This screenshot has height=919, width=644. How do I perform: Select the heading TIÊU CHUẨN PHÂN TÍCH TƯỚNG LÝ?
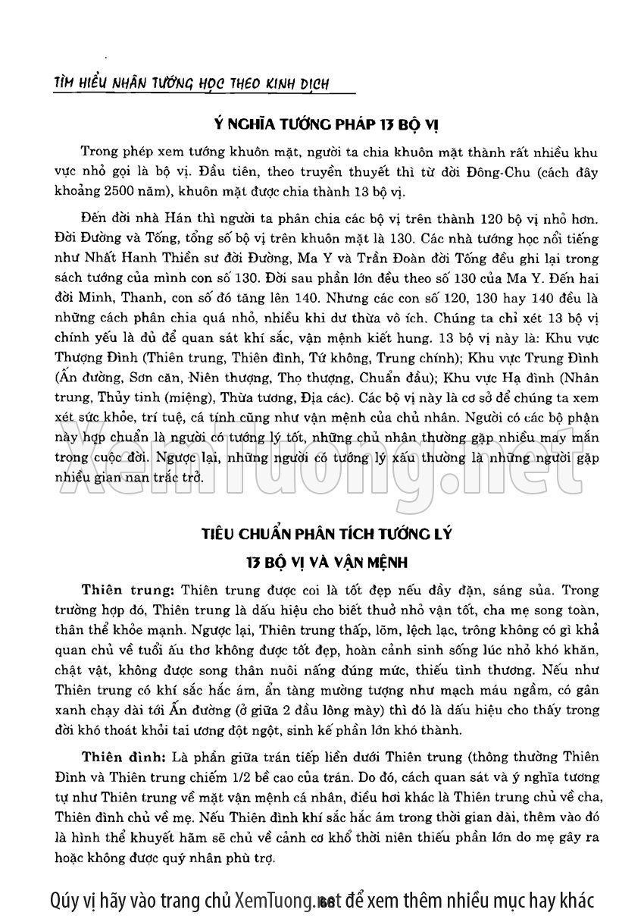(x=322, y=534)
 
